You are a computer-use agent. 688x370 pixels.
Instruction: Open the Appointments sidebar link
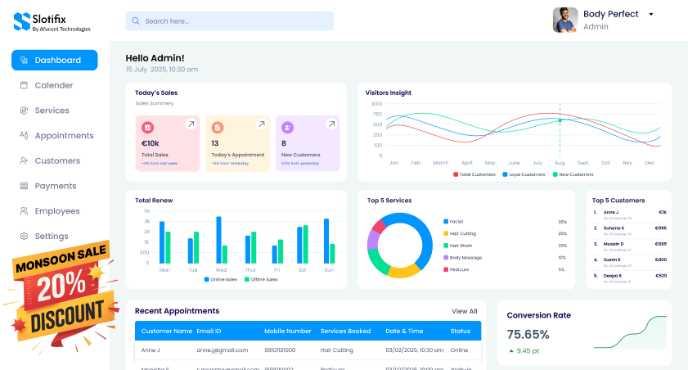[x=64, y=136]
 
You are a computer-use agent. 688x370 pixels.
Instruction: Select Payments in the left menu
[x=55, y=186]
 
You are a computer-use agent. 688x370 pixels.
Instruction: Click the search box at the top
[x=229, y=21]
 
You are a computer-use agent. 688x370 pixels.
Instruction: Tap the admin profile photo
[x=565, y=20]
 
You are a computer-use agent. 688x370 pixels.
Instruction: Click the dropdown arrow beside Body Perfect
[x=651, y=14]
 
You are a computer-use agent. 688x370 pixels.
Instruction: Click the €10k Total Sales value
[x=151, y=143]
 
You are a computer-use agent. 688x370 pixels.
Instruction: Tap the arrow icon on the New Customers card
[x=331, y=124]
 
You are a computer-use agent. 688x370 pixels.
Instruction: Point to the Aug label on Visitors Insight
[x=560, y=163]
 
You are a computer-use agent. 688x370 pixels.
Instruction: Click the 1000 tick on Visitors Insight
[x=376, y=104]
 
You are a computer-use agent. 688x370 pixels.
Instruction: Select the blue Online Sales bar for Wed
[x=218, y=239]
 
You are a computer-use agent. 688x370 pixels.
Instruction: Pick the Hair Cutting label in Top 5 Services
[x=462, y=233]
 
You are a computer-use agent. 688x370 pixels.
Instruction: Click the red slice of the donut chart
[x=378, y=226]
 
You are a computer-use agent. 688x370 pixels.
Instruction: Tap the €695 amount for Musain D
[x=661, y=244]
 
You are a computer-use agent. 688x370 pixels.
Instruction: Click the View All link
[x=464, y=311]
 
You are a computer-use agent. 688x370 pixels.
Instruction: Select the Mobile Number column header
[x=287, y=332]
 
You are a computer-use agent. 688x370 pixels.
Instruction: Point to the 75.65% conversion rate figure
[x=528, y=334]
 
